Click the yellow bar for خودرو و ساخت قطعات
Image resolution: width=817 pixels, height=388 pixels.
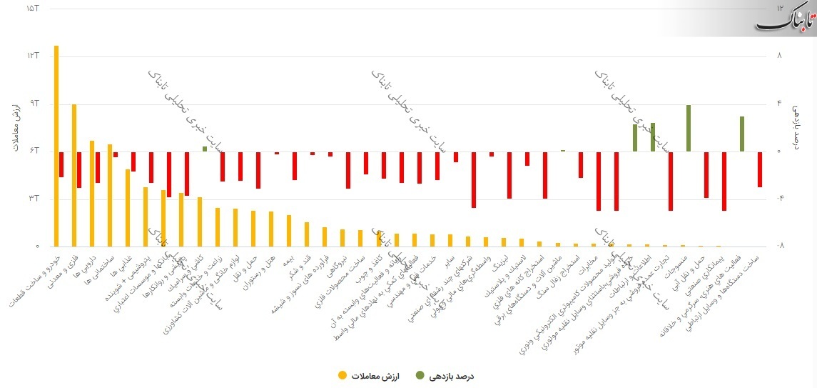pyautogui.click(x=56, y=146)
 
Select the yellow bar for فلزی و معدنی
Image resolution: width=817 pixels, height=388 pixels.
pyautogui.click(x=74, y=175)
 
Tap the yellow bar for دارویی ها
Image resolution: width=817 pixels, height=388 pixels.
pyautogui.click(x=92, y=193)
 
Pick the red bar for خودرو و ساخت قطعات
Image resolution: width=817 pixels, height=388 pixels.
pyautogui.click(x=61, y=164)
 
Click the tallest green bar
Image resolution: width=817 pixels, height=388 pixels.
pyautogui.click(x=688, y=128)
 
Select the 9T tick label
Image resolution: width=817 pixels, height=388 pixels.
pyautogui.click(x=33, y=104)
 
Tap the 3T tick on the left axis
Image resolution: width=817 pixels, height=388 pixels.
pyautogui.click(x=33, y=198)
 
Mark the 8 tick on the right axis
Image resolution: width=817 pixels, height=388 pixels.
pyautogui.click(x=779, y=56)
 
